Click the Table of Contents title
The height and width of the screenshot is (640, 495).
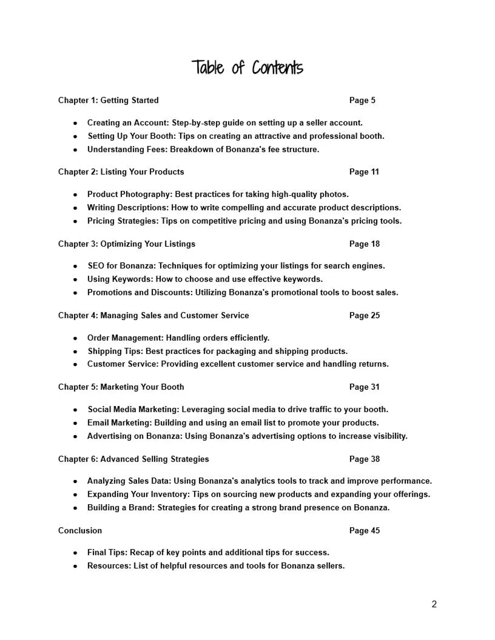[247, 68]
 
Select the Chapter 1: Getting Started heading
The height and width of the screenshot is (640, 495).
[108, 100]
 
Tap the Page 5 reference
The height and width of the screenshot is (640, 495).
[362, 100]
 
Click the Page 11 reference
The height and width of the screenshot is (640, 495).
[364, 172]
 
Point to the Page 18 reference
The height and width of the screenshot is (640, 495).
[364, 244]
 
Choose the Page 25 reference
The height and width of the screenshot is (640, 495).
[364, 315]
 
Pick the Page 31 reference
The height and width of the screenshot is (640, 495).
[364, 387]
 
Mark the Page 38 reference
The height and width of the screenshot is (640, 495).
[364, 459]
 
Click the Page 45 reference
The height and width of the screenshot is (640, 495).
[364, 531]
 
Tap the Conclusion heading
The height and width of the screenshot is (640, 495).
[80, 531]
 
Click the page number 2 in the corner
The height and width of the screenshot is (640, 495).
[434, 604]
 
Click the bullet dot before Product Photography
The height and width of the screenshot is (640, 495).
[76, 195]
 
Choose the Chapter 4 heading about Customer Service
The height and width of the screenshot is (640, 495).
[153, 315]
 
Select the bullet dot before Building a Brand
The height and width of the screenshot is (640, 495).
[76, 508]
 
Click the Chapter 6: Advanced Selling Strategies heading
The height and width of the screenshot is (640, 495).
[133, 459]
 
